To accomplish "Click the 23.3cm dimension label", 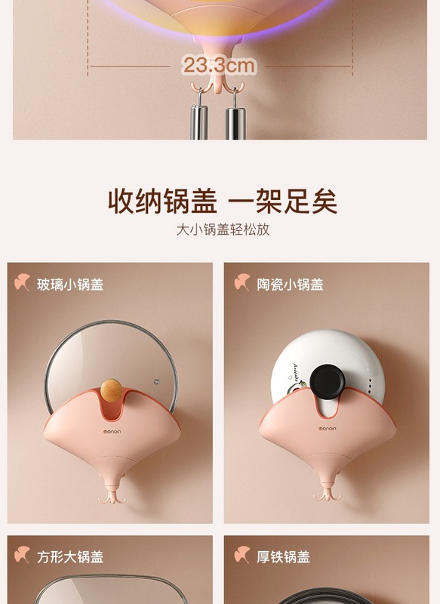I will click(218, 66).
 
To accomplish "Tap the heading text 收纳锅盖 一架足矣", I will click(220, 202).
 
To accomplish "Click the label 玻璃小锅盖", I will click(70, 285).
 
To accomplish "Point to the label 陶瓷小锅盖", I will click(290, 285).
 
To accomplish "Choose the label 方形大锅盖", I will click(70, 557).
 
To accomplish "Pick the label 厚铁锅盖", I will click(283, 557).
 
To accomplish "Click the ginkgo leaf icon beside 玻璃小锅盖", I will click(23, 283).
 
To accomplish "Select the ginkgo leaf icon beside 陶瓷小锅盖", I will click(242, 283).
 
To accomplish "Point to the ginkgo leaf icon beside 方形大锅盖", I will click(23, 556).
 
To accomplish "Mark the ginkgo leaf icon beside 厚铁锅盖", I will click(242, 556).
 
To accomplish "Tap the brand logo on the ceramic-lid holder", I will click(327, 435).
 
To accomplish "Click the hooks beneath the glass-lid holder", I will click(110, 496).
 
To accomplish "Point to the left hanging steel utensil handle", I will click(199, 121).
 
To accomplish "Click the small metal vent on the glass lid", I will click(157, 379).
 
